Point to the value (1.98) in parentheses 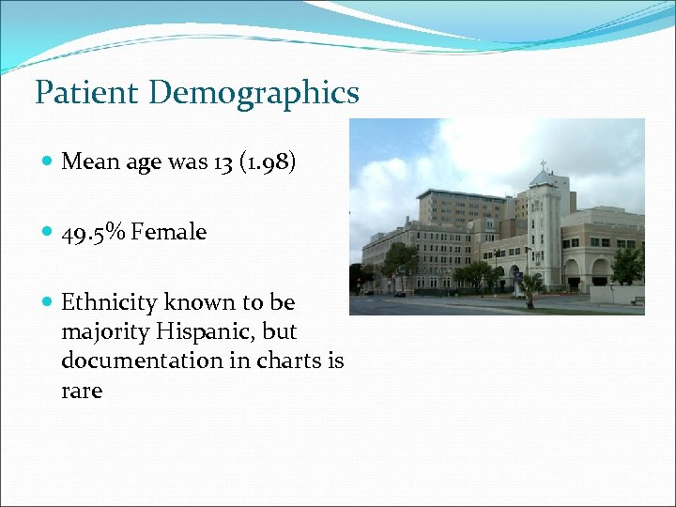[269, 161]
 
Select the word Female [169, 232]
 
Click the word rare [82, 390]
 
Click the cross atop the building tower [543, 165]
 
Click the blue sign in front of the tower [517, 278]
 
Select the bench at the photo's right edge [638, 300]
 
